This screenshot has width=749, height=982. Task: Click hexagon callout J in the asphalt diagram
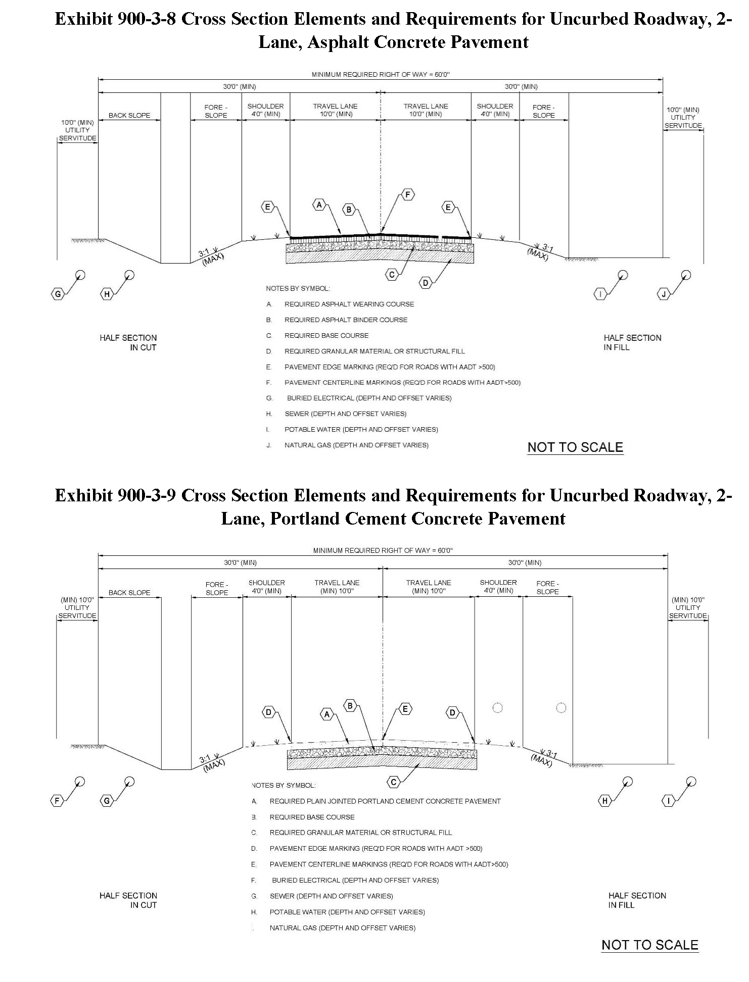(x=664, y=294)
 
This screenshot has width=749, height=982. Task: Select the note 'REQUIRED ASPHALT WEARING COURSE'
(x=349, y=304)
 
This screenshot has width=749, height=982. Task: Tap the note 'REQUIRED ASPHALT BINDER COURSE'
(x=346, y=320)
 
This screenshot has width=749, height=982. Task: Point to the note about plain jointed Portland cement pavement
(x=385, y=801)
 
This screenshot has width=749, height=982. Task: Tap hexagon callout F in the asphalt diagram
(x=407, y=194)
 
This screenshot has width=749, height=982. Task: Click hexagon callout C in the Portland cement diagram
(x=393, y=783)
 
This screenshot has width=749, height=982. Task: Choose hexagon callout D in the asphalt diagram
(x=426, y=283)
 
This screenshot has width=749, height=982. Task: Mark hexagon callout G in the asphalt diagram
(x=58, y=294)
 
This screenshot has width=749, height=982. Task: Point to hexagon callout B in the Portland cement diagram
(x=350, y=706)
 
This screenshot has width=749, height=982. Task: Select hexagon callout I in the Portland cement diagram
(x=669, y=801)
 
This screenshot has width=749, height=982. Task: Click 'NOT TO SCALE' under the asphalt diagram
(x=575, y=447)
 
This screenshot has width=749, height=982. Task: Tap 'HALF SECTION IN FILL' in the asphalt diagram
(x=632, y=342)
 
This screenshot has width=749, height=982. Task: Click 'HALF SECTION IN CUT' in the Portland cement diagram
(x=128, y=900)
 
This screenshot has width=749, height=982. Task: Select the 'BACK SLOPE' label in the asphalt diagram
(x=129, y=115)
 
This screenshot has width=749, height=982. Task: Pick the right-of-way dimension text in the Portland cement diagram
(x=383, y=550)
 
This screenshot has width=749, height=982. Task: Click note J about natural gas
(x=356, y=445)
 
